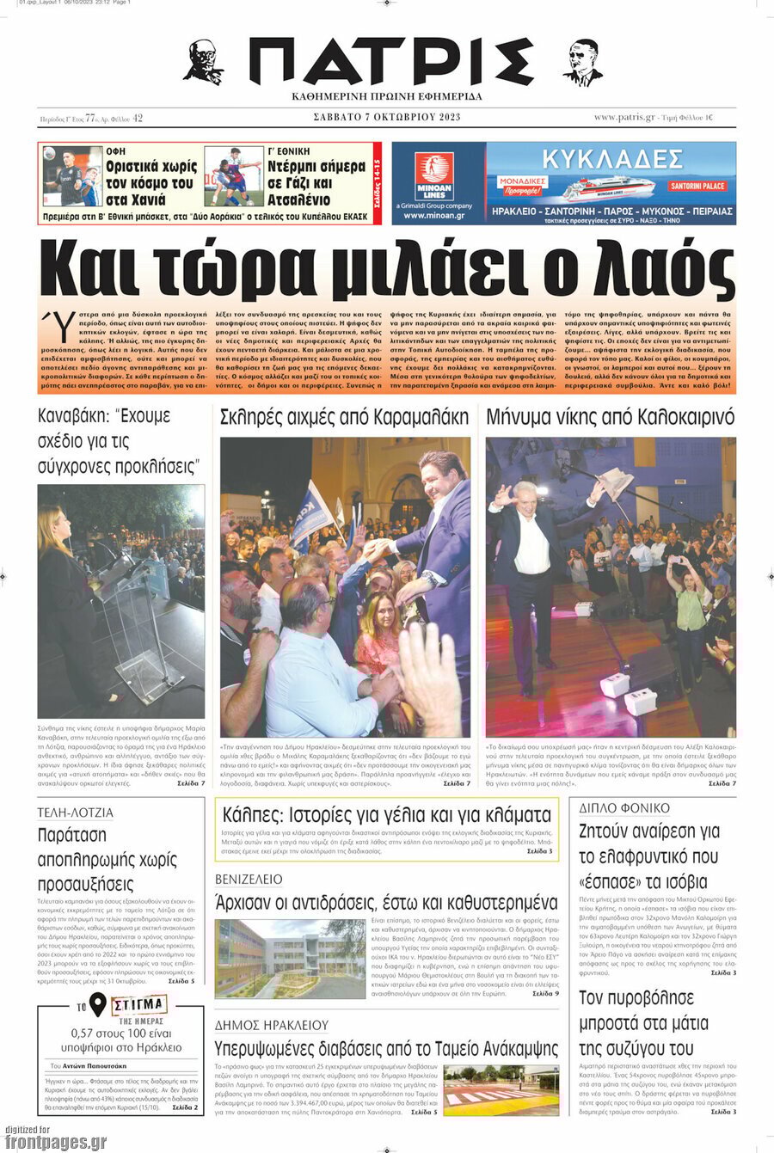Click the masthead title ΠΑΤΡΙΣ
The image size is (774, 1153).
click(391, 62)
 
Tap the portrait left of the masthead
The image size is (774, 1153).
click(204, 62)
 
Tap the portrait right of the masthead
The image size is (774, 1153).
click(583, 63)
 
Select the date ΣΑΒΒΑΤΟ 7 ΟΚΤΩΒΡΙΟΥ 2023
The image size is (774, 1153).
click(387, 118)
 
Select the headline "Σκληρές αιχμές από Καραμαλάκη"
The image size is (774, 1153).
click(344, 418)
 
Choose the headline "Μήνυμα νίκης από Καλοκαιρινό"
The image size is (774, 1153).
click(610, 418)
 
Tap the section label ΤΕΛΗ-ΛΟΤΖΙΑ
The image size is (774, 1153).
click(75, 813)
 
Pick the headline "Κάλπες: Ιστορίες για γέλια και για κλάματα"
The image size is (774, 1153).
click(386, 815)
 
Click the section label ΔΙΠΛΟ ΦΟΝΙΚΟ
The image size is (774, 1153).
click(624, 808)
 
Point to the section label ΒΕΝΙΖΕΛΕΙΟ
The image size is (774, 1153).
click(249, 880)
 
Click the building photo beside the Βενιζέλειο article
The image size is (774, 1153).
click(290, 958)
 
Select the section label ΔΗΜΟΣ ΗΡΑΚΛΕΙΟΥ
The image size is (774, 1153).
click(272, 1025)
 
